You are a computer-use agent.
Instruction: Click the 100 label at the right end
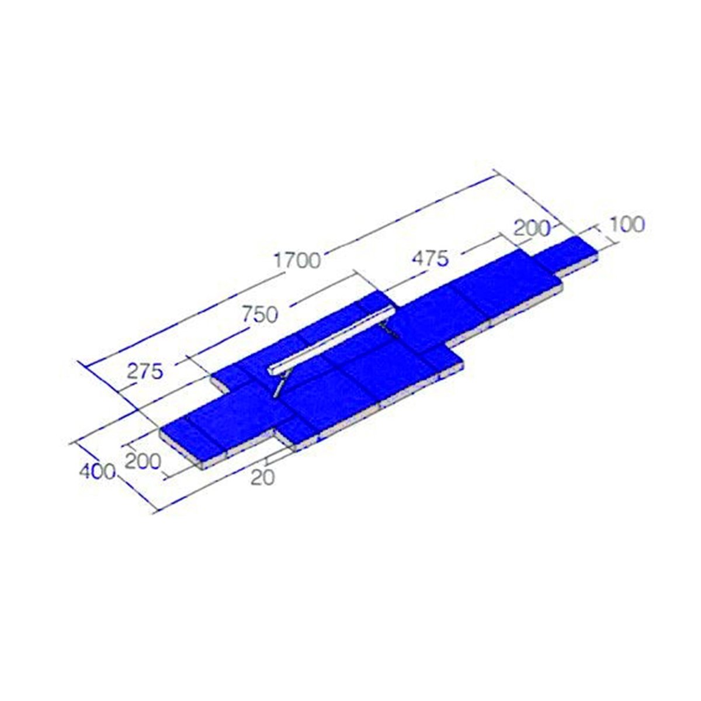[626, 225]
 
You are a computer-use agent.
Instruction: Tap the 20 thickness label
[262, 477]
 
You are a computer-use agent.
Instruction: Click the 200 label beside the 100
[531, 228]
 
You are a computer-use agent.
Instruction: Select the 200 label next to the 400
[143, 461]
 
